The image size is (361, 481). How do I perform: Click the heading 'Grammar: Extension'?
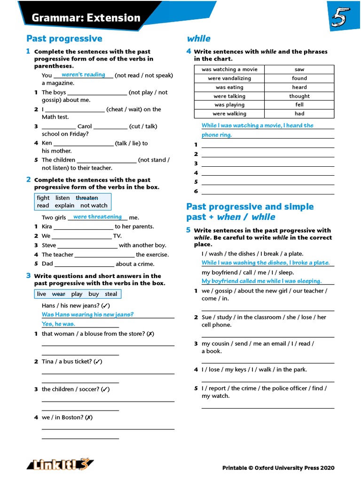[86, 18]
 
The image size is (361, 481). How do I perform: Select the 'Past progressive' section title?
[64, 39]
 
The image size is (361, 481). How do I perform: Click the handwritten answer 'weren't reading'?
[83, 75]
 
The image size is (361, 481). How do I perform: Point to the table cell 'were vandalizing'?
[229, 78]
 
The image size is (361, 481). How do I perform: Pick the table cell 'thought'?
[299, 96]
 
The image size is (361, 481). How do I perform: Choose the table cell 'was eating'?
[229, 87]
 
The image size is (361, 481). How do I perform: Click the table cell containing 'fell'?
[299, 105]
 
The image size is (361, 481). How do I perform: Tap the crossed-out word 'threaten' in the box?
[87, 198]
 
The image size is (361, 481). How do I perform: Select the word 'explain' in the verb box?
[64, 205]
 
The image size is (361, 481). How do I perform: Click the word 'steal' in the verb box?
[111, 294]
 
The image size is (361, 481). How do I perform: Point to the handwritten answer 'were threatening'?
[97, 217]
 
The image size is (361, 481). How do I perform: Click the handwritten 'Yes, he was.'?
[58, 324]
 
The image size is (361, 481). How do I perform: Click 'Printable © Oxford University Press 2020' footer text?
[278, 468]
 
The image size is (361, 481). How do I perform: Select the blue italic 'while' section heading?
[198, 39]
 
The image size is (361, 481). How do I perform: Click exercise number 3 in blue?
[29, 276]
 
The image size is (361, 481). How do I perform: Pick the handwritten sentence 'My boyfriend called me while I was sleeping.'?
[261, 281]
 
